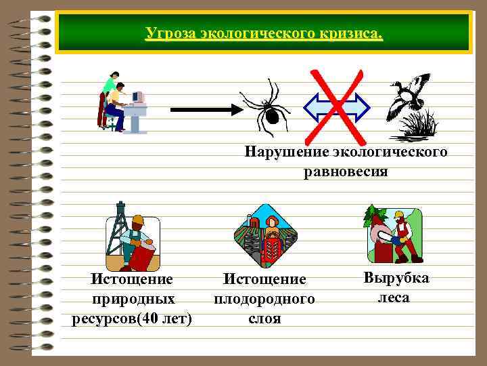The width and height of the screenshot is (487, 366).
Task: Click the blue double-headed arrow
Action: pyautogui.click(x=337, y=107)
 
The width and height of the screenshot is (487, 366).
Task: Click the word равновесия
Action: pyautogui.click(x=346, y=171)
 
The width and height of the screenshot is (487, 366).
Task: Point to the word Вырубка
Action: pyautogui.click(x=396, y=278)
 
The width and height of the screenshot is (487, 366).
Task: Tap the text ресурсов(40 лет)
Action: pyautogui.click(x=132, y=319)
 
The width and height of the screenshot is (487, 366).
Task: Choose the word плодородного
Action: pyautogui.click(x=264, y=299)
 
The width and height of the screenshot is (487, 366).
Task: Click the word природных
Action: pyautogui.click(x=133, y=299)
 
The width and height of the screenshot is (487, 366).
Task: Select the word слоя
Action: pyautogui.click(x=264, y=319)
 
